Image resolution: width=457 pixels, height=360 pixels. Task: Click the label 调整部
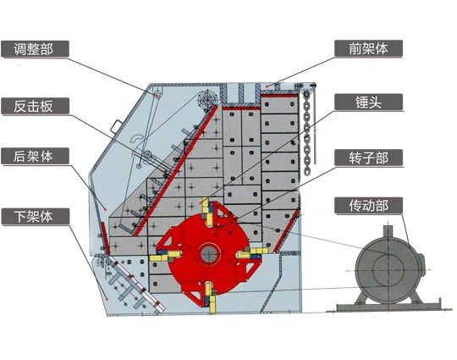click(34, 49)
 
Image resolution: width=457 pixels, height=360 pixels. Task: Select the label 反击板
click(33, 106)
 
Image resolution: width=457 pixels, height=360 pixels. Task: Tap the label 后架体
click(33, 156)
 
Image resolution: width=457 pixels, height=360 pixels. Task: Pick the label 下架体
click(33, 216)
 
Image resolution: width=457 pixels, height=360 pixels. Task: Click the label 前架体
click(368, 48)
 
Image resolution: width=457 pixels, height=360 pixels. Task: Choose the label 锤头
click(368, 102)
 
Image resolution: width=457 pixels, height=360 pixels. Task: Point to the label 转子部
click(368, 158)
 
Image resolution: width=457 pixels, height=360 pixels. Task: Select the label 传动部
click(368, 205)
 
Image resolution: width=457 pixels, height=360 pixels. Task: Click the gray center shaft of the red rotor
click(209, 253)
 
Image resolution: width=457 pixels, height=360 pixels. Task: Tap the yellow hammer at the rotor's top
click(207, 211)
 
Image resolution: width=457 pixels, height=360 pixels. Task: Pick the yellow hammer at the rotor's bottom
click(210, 298)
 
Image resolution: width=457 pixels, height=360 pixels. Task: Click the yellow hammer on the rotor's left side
click(165, 256)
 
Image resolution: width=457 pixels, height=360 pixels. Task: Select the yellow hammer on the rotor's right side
click(253, 252)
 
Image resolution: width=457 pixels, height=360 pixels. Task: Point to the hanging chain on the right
click(307, 132)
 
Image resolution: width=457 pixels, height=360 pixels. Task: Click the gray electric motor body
click(388, 270)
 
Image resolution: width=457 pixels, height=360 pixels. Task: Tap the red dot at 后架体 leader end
click(106, 209)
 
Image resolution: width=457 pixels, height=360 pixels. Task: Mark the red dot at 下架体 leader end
click(107, 299)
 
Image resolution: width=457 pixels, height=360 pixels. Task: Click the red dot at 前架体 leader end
click(267, 86)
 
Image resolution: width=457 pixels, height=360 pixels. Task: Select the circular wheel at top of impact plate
click(208, 100)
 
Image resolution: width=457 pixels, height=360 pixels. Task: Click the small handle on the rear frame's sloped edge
click(115, 126)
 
